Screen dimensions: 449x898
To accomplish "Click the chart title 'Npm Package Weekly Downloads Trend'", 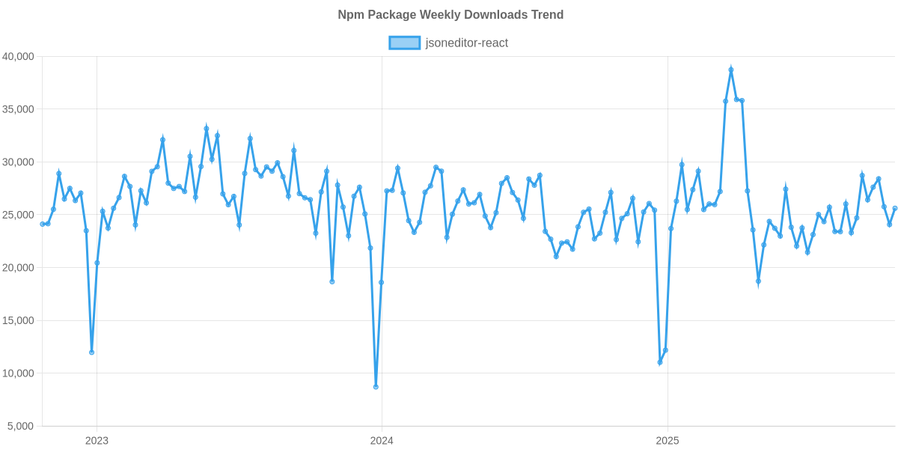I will click(x=450, y=15).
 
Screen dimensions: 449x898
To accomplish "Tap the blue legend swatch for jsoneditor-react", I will click(x=404, y=43).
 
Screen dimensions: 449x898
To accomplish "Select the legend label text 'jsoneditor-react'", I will click(x=466, y=43).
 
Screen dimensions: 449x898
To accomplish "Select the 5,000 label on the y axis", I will click(x=21, y=427).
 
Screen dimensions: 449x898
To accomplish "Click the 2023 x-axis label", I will click(x=97, y=441).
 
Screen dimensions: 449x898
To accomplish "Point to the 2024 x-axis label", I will click(x=382, y=441).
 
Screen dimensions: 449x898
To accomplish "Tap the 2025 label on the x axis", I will click(x=667, y=441).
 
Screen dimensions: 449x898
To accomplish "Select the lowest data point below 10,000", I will click(x=376, y=387).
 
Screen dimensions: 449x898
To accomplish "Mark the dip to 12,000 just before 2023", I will click(x=91, y=352).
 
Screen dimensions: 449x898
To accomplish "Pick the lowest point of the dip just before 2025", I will click(x=659, y=363).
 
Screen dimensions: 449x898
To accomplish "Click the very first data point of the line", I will click(x=42, y=224).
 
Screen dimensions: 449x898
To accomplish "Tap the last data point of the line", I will click(x=895, y=208).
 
